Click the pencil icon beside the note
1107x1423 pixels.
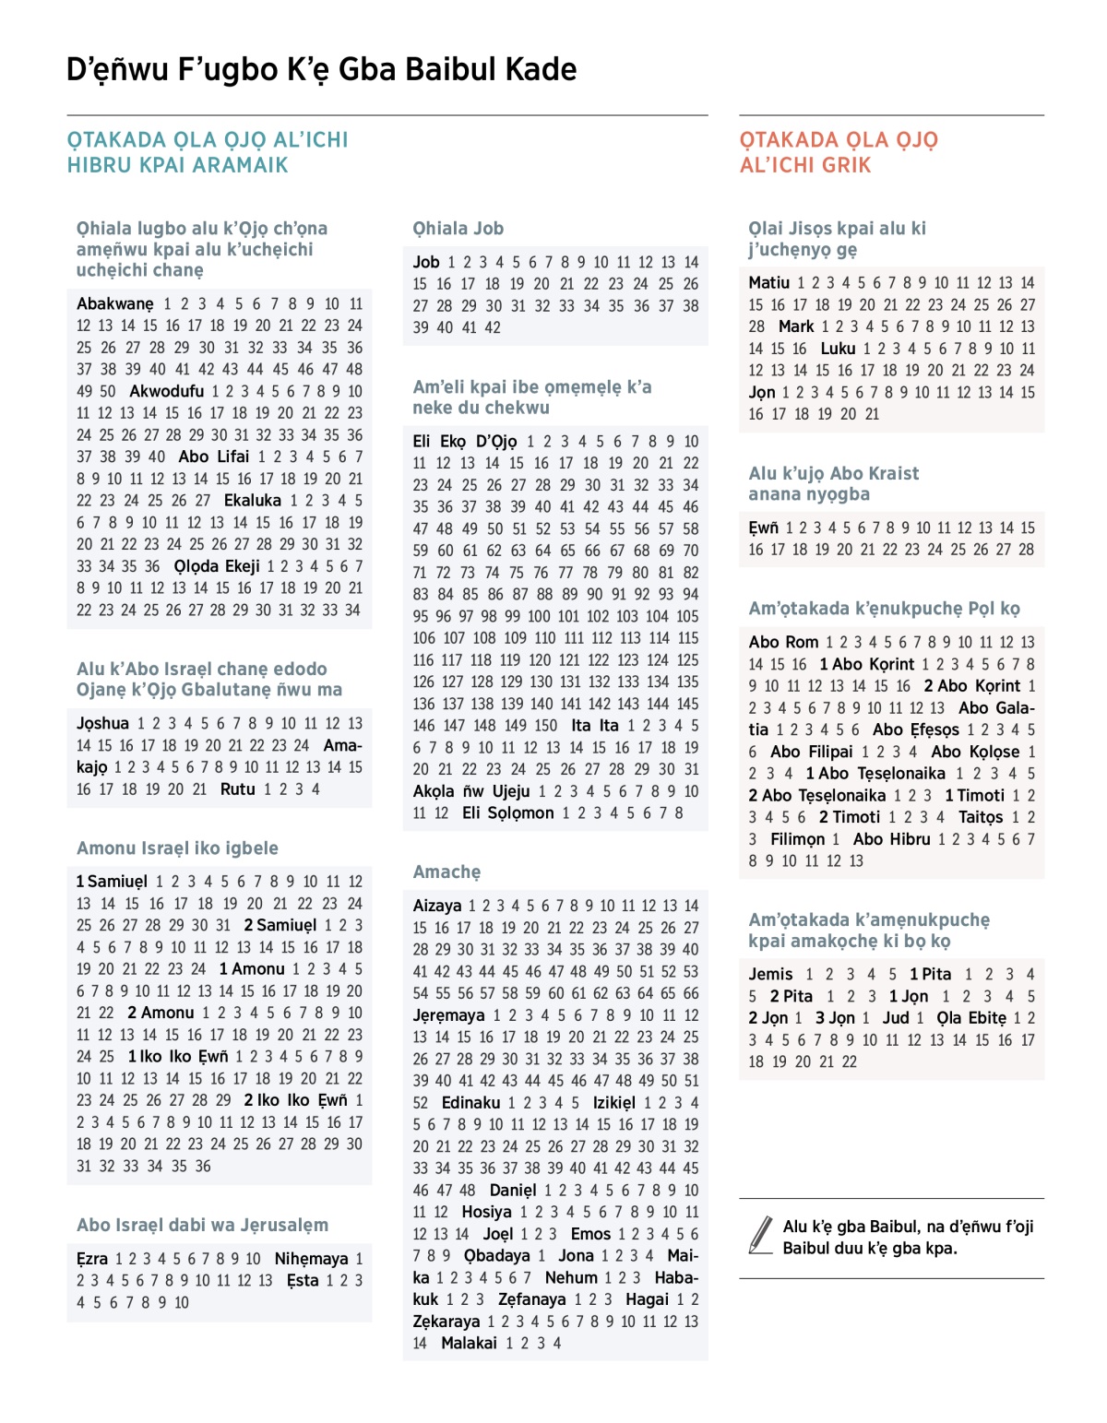pos(761,1235)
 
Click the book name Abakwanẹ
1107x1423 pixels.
pos(115,303)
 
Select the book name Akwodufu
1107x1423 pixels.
pos(166,391)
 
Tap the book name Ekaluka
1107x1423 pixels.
pos(253,500)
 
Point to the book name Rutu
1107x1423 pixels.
pos(237,789)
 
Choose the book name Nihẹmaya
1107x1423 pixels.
pos(312,1258)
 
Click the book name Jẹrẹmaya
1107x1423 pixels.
pos(448,1014)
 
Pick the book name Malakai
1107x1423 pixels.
pos(469,1343)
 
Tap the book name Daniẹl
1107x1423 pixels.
pos(513,1190)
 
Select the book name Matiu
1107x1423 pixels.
pos(769,282)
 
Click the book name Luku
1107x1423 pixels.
pos(838,348)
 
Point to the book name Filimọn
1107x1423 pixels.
pos(798,838)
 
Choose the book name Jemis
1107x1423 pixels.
pos(770,974)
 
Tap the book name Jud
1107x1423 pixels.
pos(896,1017)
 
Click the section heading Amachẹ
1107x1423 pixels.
pos(446,872)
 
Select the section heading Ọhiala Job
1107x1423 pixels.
pos(458,228)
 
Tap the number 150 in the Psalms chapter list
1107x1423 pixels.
pos(545,725)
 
